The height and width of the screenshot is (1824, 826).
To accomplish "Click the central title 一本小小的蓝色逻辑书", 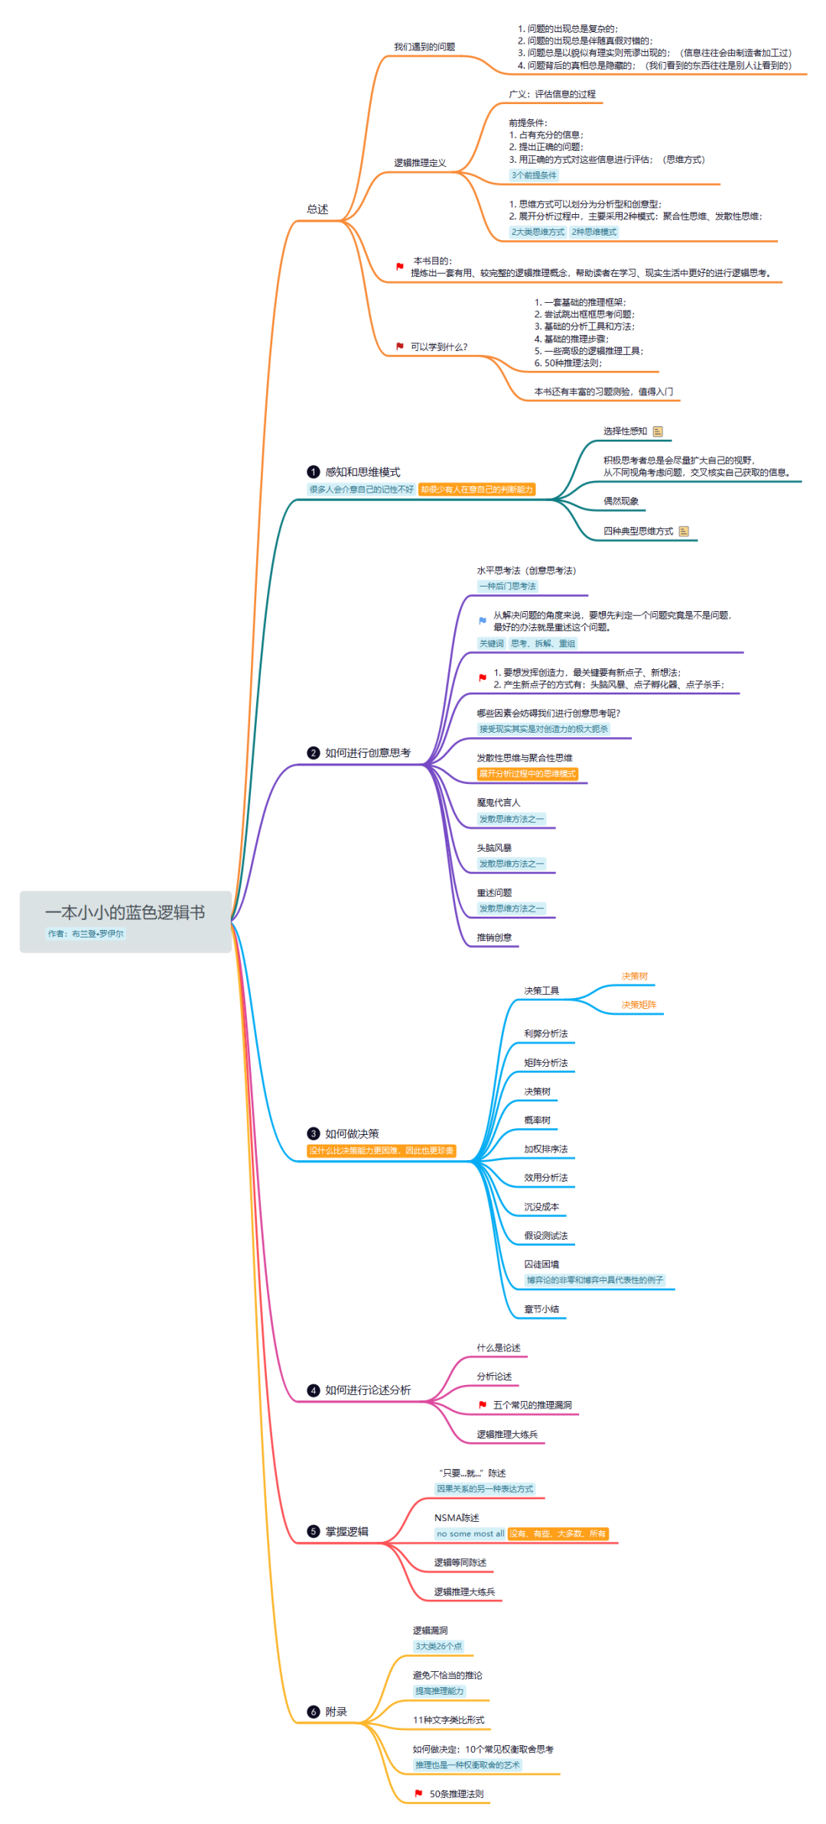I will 125,912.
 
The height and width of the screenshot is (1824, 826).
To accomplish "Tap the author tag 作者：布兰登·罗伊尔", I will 86,934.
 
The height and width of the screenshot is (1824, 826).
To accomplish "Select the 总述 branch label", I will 317,209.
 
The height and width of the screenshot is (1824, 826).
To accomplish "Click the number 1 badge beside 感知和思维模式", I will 313,472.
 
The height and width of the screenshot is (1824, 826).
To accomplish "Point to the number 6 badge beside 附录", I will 313,1712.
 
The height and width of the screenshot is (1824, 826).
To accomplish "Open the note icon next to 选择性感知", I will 658,431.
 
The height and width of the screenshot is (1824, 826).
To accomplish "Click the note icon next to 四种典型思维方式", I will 684,531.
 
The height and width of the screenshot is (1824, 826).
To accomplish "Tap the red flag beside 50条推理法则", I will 418,1793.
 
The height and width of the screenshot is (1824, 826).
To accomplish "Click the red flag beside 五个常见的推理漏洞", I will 483,1405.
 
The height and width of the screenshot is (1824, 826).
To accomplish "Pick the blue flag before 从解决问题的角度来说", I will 483,620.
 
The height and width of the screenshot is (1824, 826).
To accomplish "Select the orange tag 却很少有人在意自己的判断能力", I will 476,489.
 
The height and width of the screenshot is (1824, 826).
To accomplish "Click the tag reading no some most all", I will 470,1533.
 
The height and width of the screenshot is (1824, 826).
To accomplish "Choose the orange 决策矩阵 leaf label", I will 639,1005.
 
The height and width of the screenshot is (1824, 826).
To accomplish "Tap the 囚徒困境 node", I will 541,1264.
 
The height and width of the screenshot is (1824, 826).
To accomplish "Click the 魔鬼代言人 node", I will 498,802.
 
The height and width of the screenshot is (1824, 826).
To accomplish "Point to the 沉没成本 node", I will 541,1207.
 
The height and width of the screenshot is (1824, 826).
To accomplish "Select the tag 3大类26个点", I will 438,1646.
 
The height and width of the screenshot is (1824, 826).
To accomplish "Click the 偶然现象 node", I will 620,501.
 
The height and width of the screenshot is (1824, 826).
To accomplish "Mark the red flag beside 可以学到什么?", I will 400,346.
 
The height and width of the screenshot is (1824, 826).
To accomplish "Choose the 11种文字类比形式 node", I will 449,1720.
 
